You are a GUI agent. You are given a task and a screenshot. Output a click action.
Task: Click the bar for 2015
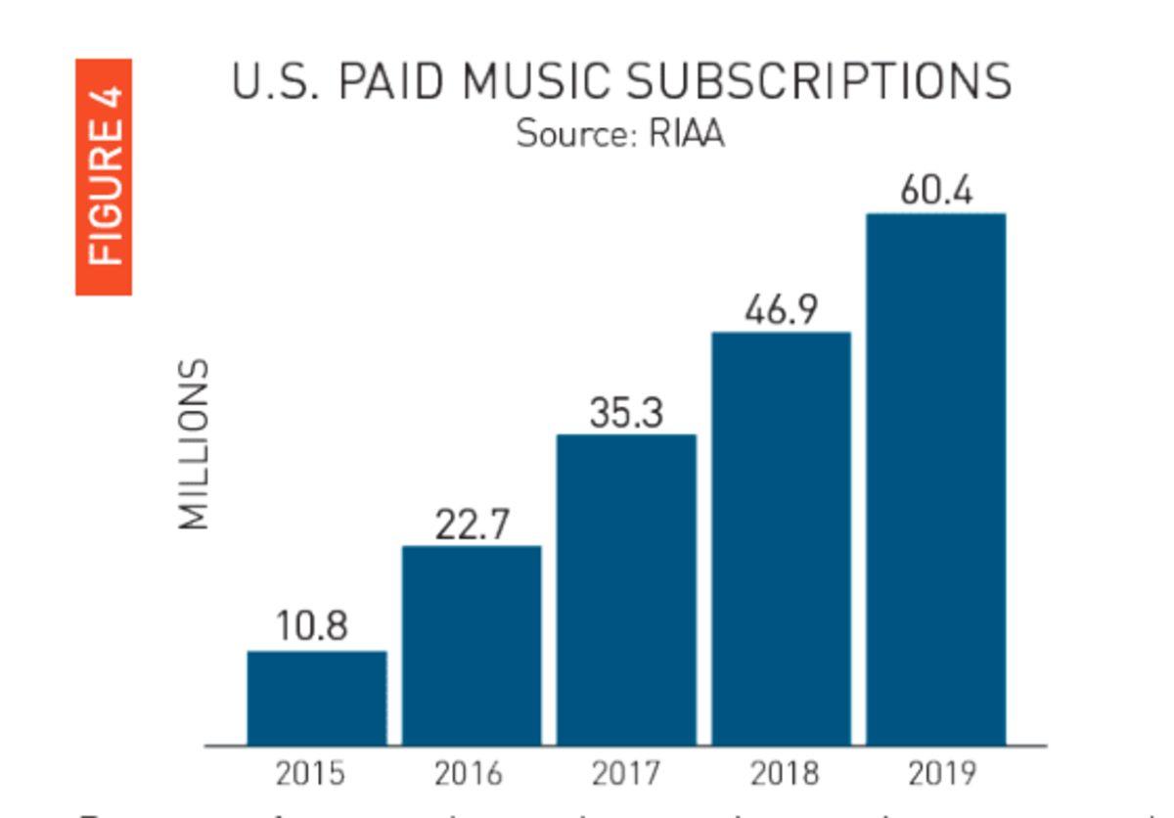316,698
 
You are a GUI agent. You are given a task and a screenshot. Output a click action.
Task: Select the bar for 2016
472,646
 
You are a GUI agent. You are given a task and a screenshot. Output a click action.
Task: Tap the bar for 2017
626,590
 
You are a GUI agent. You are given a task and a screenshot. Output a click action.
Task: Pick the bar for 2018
781,538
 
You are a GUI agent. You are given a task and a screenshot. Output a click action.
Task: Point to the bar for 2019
936,479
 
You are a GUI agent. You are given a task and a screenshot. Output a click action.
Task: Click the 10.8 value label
311,626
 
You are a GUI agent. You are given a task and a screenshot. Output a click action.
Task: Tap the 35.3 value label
626,413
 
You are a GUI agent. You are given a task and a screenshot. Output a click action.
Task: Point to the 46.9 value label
781,310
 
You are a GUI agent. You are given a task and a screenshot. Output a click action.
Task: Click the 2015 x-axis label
310,774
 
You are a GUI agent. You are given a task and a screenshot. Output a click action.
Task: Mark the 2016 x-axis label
469,774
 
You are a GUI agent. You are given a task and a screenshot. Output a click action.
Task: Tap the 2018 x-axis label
784,774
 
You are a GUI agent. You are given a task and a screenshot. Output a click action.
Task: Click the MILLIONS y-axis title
195,444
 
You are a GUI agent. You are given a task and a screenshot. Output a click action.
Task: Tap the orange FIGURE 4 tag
105,176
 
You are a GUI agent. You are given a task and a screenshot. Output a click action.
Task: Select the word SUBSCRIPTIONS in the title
818,82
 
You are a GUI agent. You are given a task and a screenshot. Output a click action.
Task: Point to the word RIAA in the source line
687,133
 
